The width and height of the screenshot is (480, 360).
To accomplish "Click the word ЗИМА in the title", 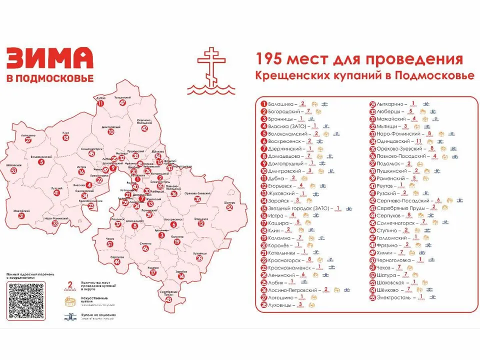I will click(x=49, y=58).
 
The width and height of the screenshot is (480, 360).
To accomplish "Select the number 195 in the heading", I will click(x=270, y=59).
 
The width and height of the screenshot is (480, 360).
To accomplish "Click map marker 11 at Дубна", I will click(x=101, y=103).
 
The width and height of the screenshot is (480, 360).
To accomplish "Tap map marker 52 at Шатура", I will click(x=229, y=207).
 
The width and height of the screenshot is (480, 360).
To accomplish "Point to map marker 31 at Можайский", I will click(x=21, y=216).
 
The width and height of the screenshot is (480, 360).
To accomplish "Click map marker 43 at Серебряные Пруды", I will click(x=168, y=299).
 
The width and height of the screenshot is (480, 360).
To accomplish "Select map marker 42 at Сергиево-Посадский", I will click(x=144, y=128).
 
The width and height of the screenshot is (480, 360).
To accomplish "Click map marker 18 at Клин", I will click(x=66, y=138).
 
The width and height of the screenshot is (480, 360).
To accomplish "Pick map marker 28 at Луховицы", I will click(x=199, y=258).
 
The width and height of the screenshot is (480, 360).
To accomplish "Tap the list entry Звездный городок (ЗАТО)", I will click(x=298, y=207).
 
